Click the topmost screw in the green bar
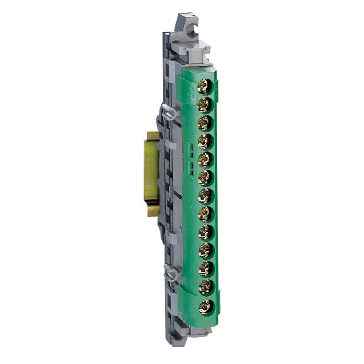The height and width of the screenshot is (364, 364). [x=205, y=87]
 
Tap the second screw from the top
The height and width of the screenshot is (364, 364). [x=205, y=105]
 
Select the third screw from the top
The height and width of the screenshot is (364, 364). [x=205, y=123]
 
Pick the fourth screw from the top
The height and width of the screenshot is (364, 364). [x=205, y=141]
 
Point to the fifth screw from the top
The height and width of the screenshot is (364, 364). [x=205, y=159]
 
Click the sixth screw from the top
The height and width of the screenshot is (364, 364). [x=205, y=178]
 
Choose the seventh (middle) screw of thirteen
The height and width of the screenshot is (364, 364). [x=205, y=196]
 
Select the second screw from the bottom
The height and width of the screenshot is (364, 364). [x=206, y=287]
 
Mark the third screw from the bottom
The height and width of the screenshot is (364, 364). [x=206, y=269]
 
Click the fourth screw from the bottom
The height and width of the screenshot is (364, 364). [x=206, y=250]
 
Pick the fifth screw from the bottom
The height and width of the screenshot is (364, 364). [x=206, y=232]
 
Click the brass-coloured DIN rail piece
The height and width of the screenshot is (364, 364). [x=151, y=174]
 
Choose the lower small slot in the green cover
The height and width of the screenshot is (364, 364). [x=190, y=167]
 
